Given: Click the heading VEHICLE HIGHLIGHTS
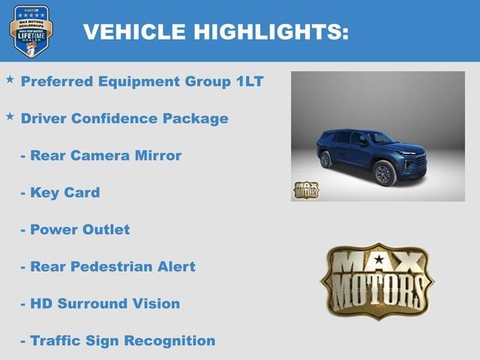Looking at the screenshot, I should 215,31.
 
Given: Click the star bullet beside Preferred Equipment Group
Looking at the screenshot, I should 10,79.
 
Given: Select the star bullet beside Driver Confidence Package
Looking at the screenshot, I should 10,117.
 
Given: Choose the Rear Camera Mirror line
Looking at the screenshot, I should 101,155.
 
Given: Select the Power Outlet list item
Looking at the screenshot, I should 75,229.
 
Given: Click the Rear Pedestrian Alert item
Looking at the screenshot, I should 108,266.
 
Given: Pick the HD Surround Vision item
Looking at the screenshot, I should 100,304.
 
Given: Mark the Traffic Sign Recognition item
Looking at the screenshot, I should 118,340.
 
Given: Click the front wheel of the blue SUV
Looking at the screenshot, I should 383,173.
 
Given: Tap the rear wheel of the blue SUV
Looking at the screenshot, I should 325,159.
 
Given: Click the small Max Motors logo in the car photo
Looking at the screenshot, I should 305,189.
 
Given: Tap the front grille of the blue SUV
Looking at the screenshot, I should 414,160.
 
